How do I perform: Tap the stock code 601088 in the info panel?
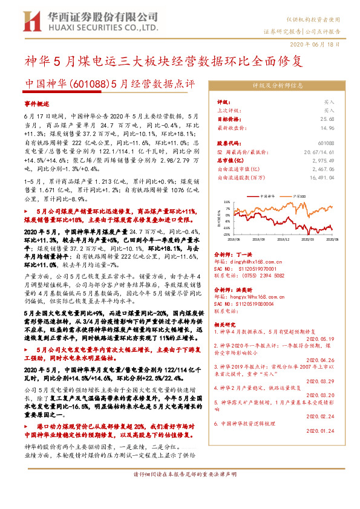pos(326,144)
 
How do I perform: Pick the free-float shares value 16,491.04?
pos(321,178)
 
